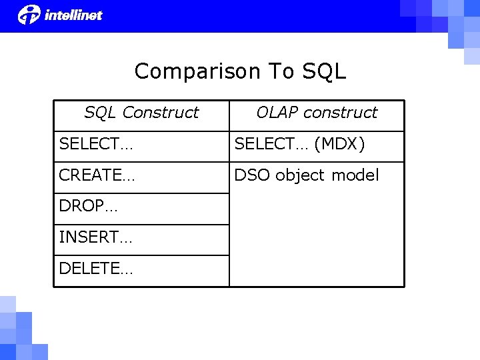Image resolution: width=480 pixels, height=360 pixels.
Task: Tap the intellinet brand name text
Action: (x=73, y=15)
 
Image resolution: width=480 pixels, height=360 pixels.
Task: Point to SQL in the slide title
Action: (x=324, y=71)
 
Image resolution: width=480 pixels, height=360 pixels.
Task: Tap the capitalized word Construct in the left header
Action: (x=161, y=113)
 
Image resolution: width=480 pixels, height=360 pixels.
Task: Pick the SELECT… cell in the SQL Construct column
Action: (x=95, y=144)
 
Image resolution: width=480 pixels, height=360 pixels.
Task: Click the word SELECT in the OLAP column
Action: (x=263, y=144)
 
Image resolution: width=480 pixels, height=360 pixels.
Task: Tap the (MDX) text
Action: (x=339, y=144)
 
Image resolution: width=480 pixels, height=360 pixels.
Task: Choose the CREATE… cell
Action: (x=97, y=175)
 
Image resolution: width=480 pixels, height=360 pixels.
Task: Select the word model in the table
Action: (x=355, y=175)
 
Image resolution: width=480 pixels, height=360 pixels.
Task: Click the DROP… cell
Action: (x=88, y=207)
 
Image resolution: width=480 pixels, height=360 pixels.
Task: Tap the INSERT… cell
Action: (x=95, y=237)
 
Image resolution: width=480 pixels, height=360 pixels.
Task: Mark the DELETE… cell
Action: (x=96, y=269)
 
